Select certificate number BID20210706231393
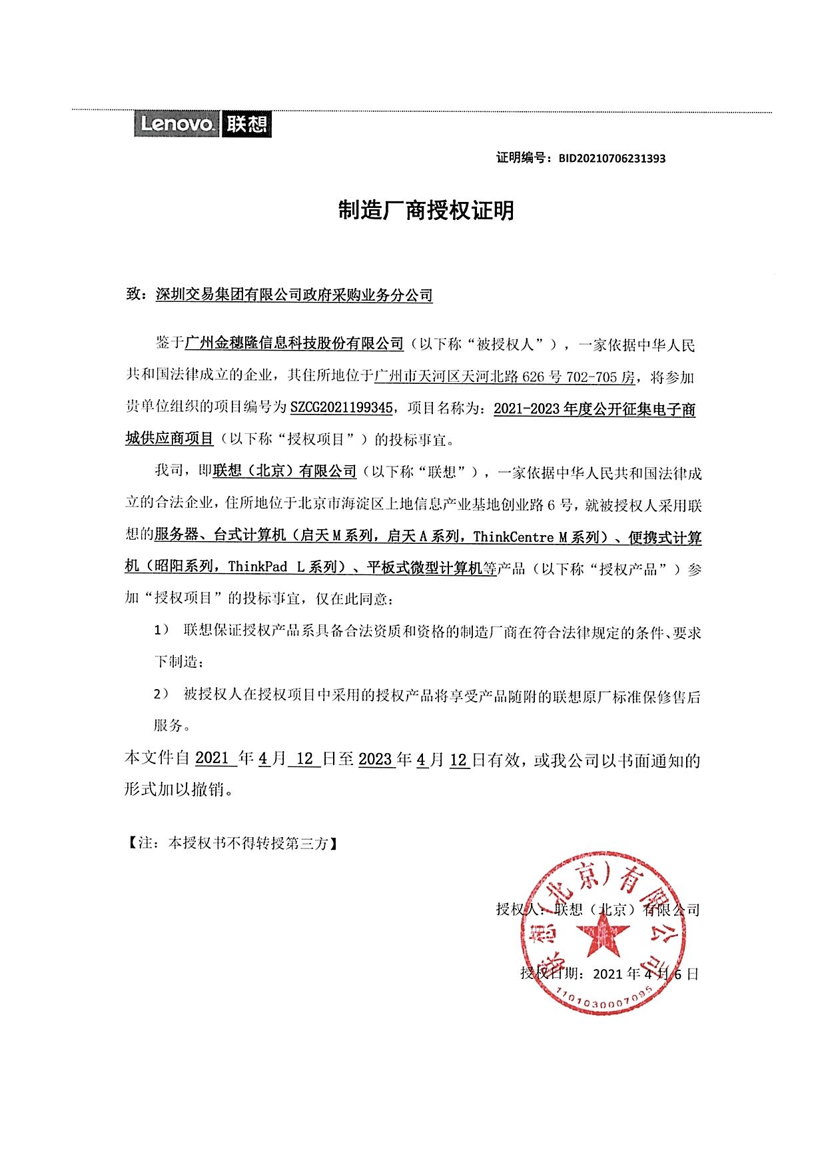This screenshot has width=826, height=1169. point(612,159)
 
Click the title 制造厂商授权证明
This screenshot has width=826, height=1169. point(426,211)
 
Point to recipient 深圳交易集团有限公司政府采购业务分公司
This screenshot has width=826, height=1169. point(294,295)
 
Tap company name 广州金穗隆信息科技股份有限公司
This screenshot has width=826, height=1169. point(294,344)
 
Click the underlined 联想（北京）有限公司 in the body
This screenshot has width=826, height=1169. point(285,472)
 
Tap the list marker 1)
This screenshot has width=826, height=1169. point(160,630)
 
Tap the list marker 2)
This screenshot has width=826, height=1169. point(160,694)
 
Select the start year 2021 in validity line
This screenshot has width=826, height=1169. point(212,759)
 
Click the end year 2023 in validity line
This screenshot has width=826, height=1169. point(375,759)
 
